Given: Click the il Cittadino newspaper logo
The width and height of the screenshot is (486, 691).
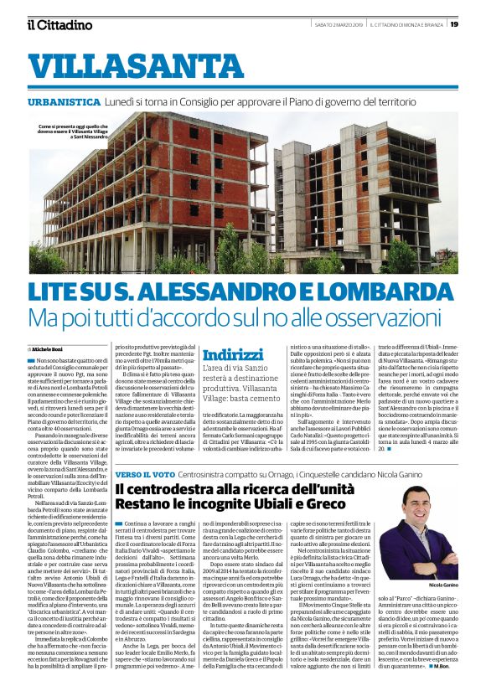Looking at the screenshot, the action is tap(59, 25).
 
